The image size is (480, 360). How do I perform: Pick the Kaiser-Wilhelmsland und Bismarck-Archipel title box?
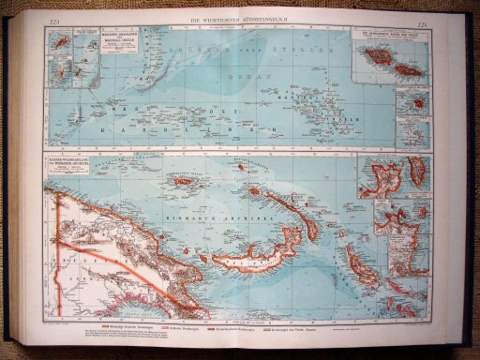point(74,169)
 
